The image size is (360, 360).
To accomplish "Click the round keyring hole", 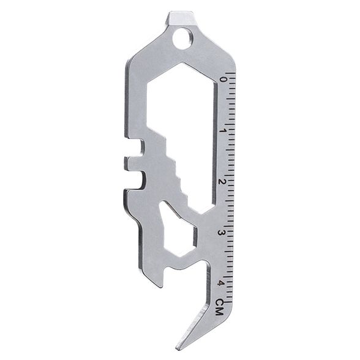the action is (182, 39).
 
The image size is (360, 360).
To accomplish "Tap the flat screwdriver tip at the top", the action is (183, 18).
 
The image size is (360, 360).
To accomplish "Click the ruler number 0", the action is (222, 80).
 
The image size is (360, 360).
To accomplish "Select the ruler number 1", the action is (222, 130).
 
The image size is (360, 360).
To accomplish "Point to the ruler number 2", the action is (222, 182).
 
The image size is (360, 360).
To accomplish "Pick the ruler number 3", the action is (222, 233).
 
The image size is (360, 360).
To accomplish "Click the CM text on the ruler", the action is (220, 307).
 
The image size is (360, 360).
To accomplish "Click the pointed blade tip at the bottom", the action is (178, 347).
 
